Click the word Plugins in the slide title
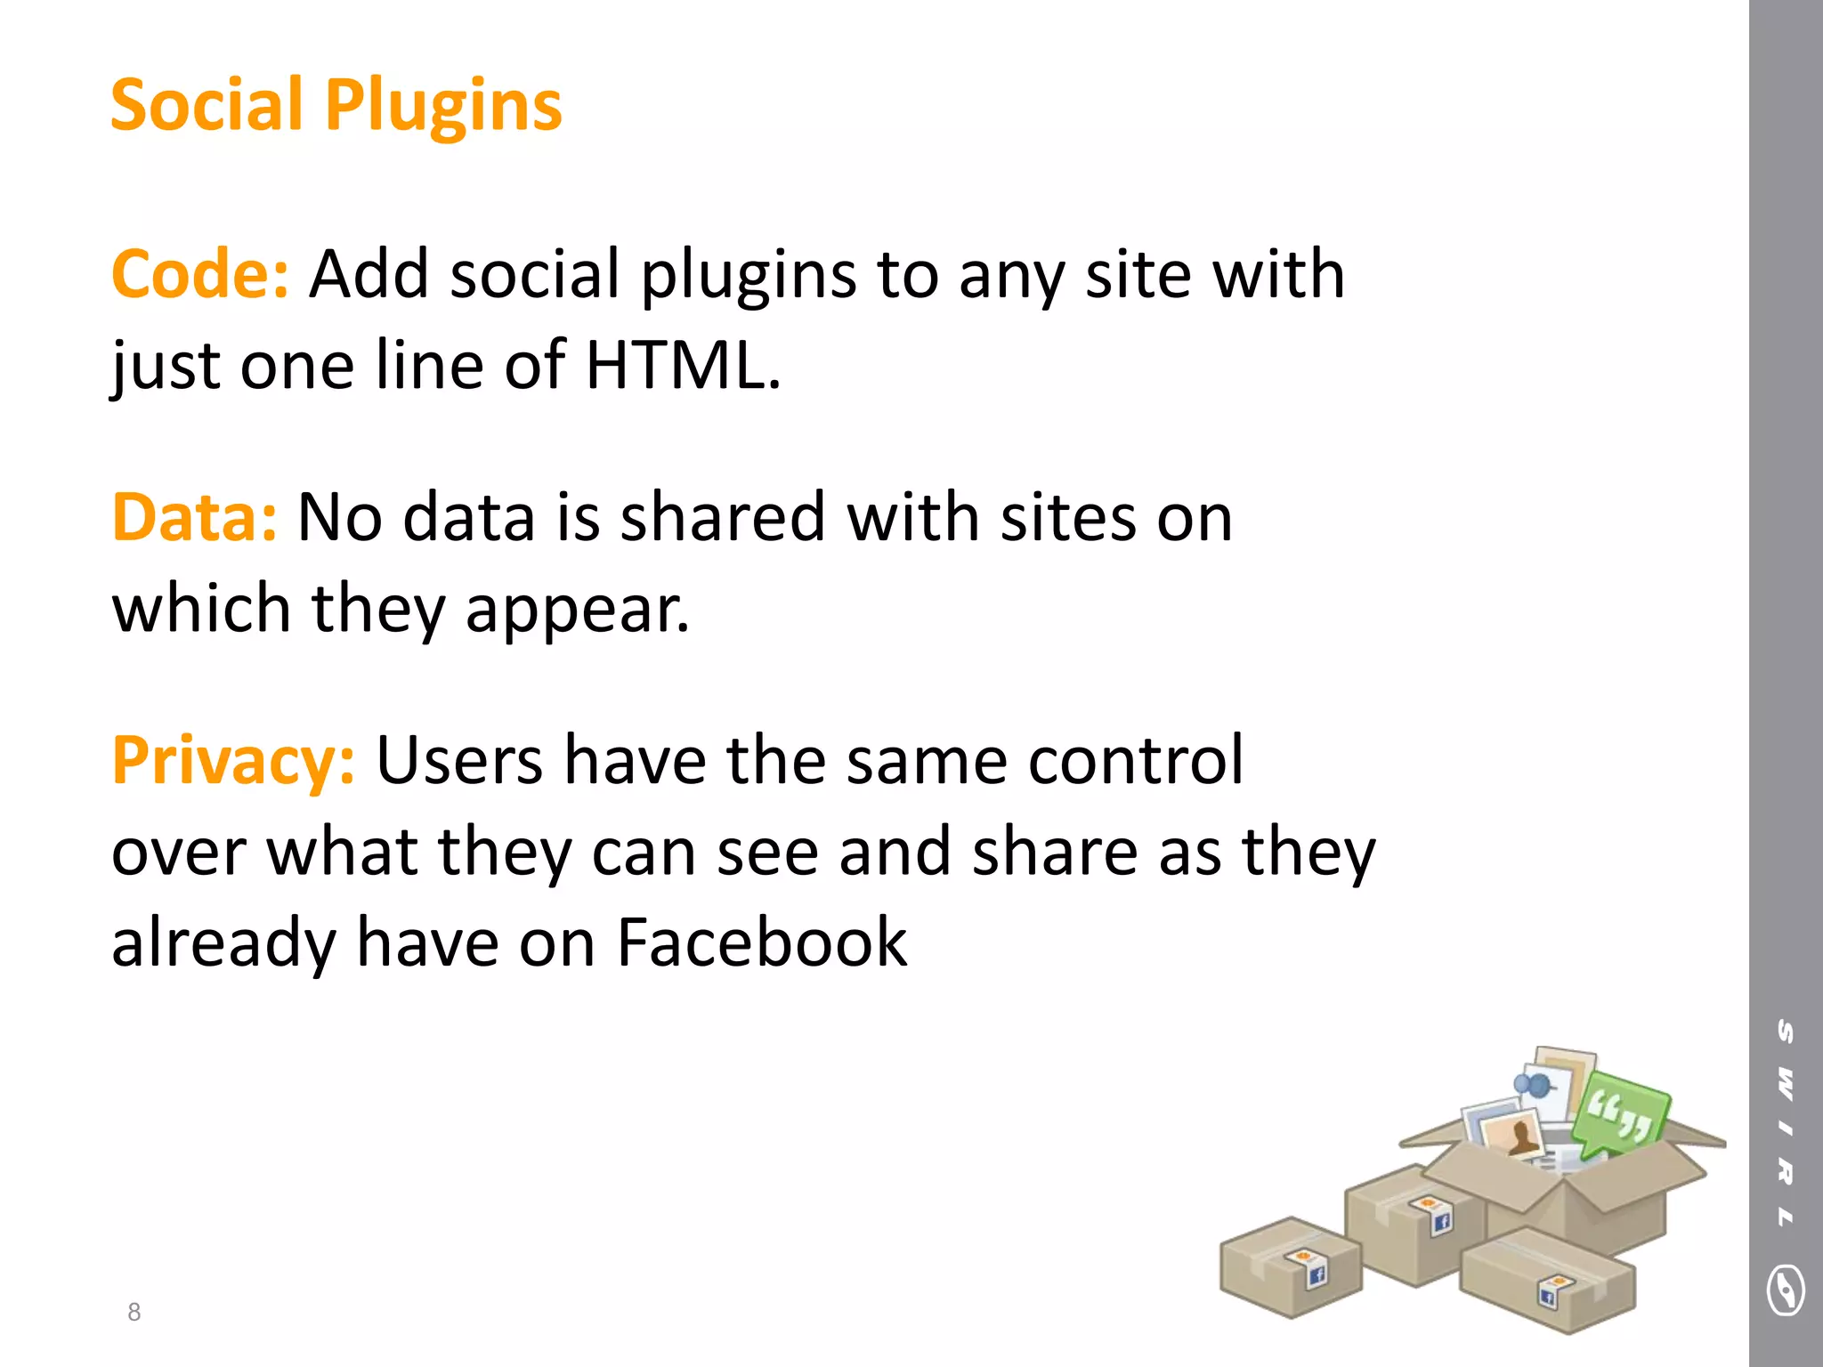(x=443, y=106)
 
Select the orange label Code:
(x=199, y=274)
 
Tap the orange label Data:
(x=194, y=517)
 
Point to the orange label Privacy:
(x=233, y=761)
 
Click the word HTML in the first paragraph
(x=676, y=365)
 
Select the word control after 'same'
(x=1135, y=761)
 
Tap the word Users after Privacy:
(x=459, y=761)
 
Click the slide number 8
(x=134, y=1312)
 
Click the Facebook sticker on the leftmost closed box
(x=1316, y=1274)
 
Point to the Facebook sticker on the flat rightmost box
(x=1550, y=1295)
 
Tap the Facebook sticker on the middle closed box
(x=1440, y=1220)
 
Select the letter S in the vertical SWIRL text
(x=1786, y=1031)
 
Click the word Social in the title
(x=207, y=106)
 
